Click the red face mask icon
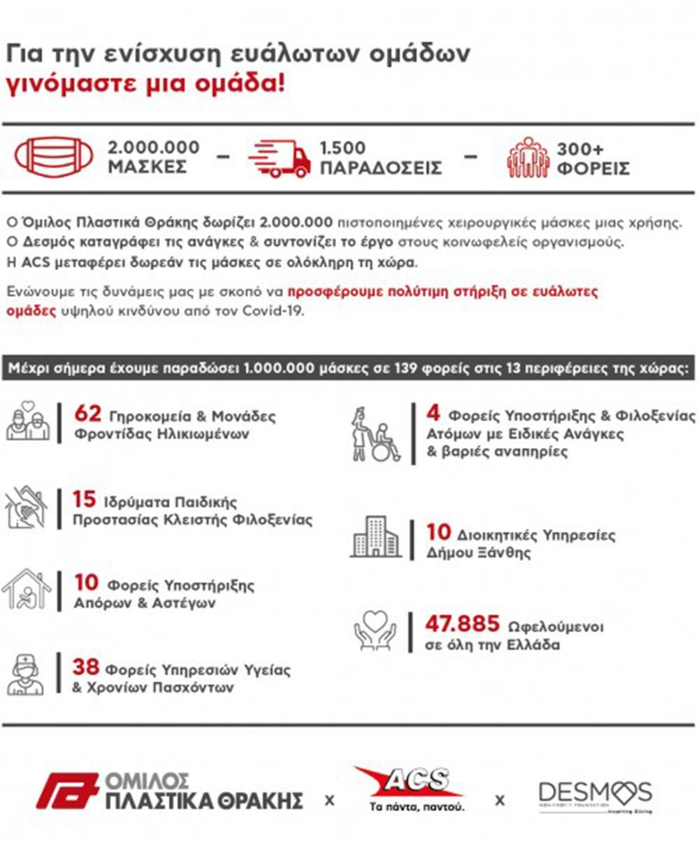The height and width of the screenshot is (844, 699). [x=54, y=157]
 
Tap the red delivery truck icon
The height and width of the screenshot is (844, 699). [x=280, y=158]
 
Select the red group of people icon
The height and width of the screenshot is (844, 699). [x=528, y=157]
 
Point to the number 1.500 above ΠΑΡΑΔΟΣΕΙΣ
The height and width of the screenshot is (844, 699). [x=343, y=148]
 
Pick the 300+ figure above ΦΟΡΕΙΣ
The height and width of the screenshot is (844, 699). [x=580, y=148]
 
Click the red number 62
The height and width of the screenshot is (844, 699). [x=88, y=414]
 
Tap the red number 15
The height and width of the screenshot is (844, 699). [x=84, y=500]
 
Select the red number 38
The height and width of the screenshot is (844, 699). [x=85, y=667]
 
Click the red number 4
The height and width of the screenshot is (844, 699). [x=433, y=414]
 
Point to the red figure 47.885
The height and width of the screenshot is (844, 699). [x=463, y=623]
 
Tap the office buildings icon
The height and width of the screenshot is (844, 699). [x=375, y=537]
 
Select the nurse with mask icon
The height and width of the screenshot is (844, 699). [x=25, y=674]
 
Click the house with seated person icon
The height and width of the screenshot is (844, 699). [x=27, y=589]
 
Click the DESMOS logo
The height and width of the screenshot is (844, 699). [x=595, y=795]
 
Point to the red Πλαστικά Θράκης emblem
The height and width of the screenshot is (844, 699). [x=67, y=791]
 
